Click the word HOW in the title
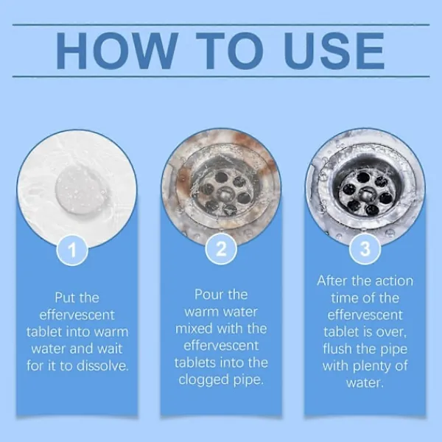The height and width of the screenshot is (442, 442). pyautogui.click(x=117, y=51)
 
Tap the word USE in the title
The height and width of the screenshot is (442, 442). pyautogui.click(x=334, y=51)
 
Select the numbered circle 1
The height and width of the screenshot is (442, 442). pyautogui.click(x=72, y=250)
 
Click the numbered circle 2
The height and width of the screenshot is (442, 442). pyautogui.click(x=221, y=249)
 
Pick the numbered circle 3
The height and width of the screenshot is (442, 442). pyautogui.click(x=365, y=249)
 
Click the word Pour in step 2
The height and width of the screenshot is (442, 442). pyautogui.click(x=207, y=295)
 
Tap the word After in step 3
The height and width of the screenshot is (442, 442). pyautogui.click(x=331, y=281)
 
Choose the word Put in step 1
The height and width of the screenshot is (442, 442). pyautogui.click(x=65, y=298)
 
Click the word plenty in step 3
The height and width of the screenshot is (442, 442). pyautogui.click(x=371, y=366)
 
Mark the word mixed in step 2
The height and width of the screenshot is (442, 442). pyautogui.click(x=192, y=329)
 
